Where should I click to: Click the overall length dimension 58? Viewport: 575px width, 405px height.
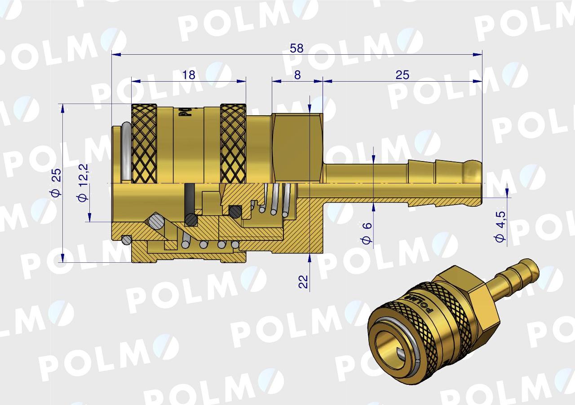point(296,48)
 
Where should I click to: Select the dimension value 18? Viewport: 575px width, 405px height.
point(189,75)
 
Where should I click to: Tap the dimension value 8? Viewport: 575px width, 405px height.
point(297,75)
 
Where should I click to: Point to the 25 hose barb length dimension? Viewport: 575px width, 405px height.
point(402,75)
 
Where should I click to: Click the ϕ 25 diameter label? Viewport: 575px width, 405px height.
point(56,183)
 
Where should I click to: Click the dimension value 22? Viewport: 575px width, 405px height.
point(304,281)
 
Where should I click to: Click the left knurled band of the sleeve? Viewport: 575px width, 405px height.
point(144,144)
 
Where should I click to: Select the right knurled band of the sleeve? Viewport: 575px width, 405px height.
point(233,144)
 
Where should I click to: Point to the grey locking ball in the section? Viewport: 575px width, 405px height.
point(156,221)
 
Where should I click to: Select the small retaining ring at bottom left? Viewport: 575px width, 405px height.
point(127,240)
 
